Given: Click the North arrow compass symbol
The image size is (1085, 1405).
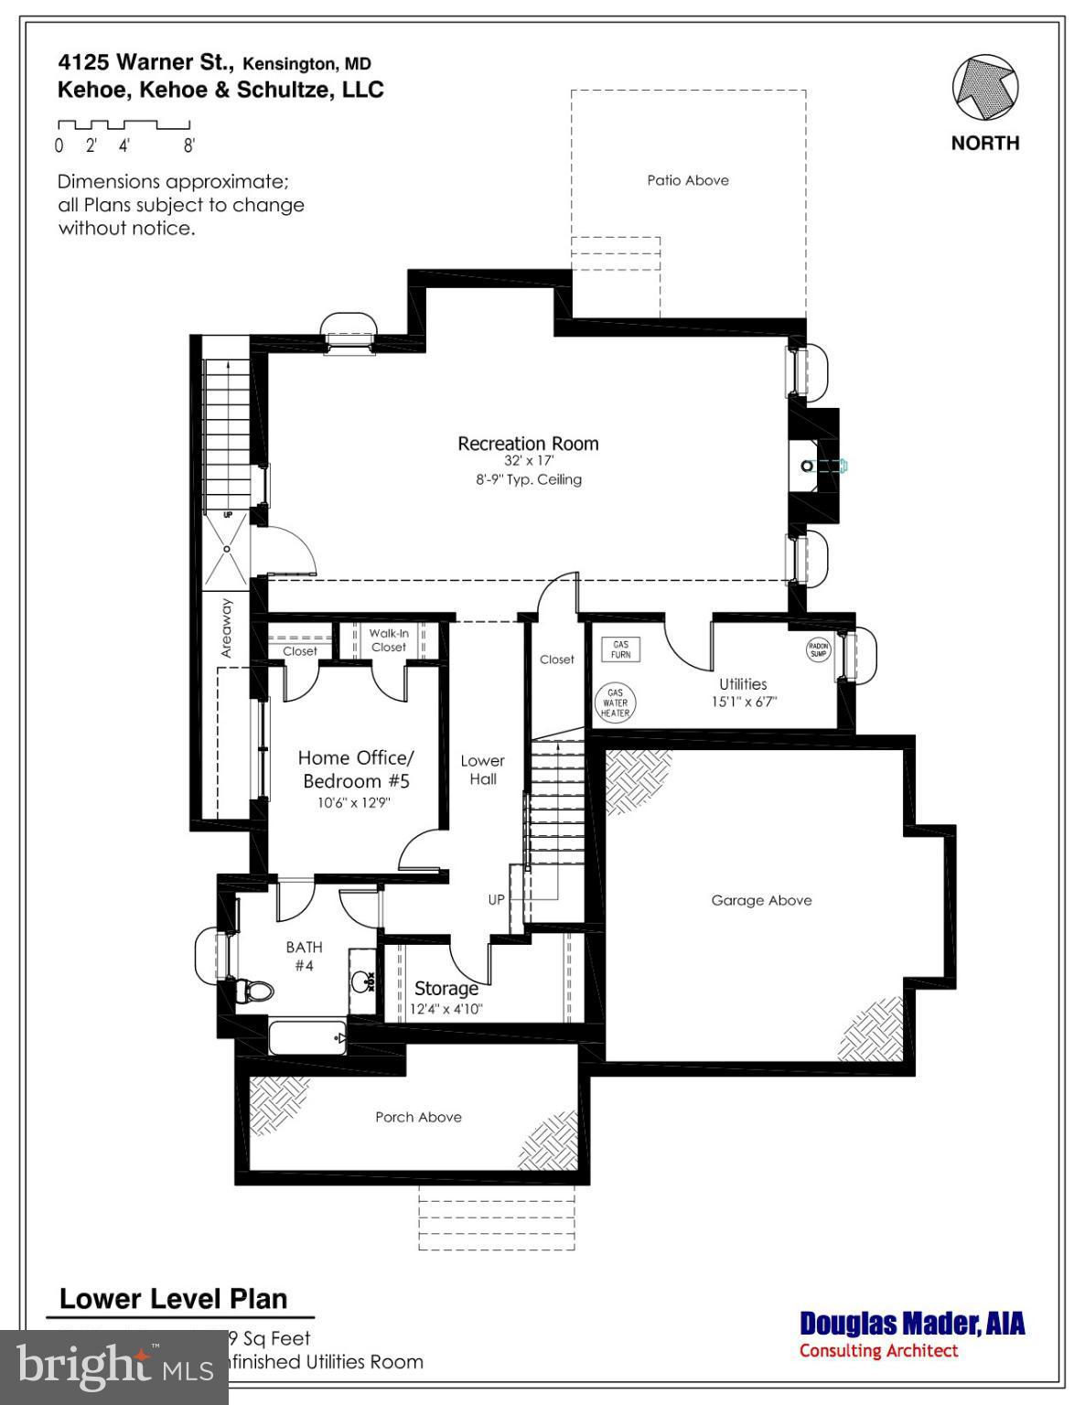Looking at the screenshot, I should click(985, 89).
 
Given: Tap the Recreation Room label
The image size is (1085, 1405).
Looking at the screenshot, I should click(528, 444).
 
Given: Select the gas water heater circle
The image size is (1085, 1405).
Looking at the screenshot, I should click(615, 702).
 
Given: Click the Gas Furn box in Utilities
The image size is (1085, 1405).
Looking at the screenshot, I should click(621, 649).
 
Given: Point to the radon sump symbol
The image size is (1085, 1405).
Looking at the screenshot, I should click(818, 650).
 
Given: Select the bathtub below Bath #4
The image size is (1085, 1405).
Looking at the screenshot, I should click(307, 1038).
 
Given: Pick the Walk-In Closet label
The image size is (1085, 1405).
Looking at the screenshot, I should click(389, 640).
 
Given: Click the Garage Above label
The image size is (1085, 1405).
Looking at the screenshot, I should click(761, 900).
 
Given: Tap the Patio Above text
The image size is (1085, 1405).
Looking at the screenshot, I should click(688, 180).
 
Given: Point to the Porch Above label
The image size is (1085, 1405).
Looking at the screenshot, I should click(418, 1117).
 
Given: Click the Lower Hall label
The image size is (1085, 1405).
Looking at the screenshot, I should click(482, 769).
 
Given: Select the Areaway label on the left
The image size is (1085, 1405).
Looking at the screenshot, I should click(227, 628).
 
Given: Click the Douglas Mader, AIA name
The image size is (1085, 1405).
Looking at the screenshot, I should click(912, 1324).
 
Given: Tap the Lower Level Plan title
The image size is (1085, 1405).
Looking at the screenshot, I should click(174, 1299).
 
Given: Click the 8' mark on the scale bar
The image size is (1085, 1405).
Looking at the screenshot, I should click(189, 145).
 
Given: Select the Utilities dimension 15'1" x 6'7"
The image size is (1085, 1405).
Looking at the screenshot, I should click(743, 702).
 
